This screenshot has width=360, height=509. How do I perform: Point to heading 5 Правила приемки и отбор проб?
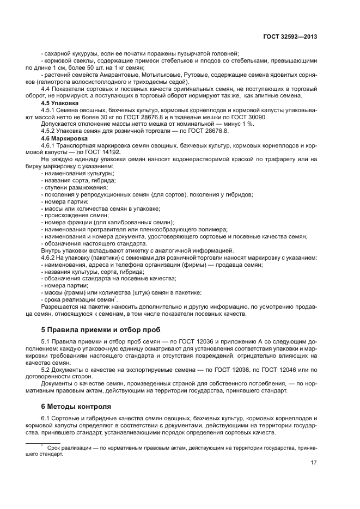pyautogui.click(x=103, y=330)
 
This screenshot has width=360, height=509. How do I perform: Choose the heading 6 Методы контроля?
pyautogui.click(x=76, y=406)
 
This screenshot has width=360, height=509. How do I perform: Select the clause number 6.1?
pyautogui.click(x=46, y=418)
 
